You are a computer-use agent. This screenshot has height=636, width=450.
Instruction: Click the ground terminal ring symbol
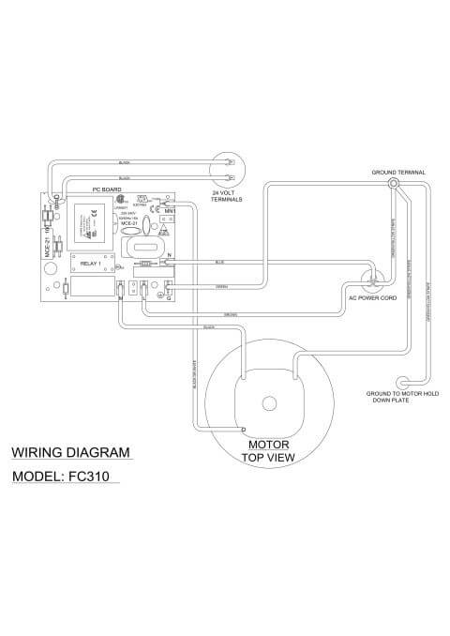click(395, 184)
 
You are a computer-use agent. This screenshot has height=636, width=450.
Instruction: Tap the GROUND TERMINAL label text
click(398, 174)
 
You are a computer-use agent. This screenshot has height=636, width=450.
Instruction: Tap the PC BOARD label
click(102, 190)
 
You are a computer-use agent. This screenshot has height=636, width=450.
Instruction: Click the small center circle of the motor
click(269, 404)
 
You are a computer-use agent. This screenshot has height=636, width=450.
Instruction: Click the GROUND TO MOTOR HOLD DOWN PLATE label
click(404, 398)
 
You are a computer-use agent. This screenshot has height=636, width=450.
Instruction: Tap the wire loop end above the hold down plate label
click(401, 383)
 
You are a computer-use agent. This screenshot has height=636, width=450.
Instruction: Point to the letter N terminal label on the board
click(169, 254)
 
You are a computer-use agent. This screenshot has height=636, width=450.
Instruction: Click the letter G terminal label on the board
click(169, 298)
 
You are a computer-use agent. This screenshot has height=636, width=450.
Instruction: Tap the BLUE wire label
click(221, 262)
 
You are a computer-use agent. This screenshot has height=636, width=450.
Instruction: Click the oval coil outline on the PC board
click(147, 248)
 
